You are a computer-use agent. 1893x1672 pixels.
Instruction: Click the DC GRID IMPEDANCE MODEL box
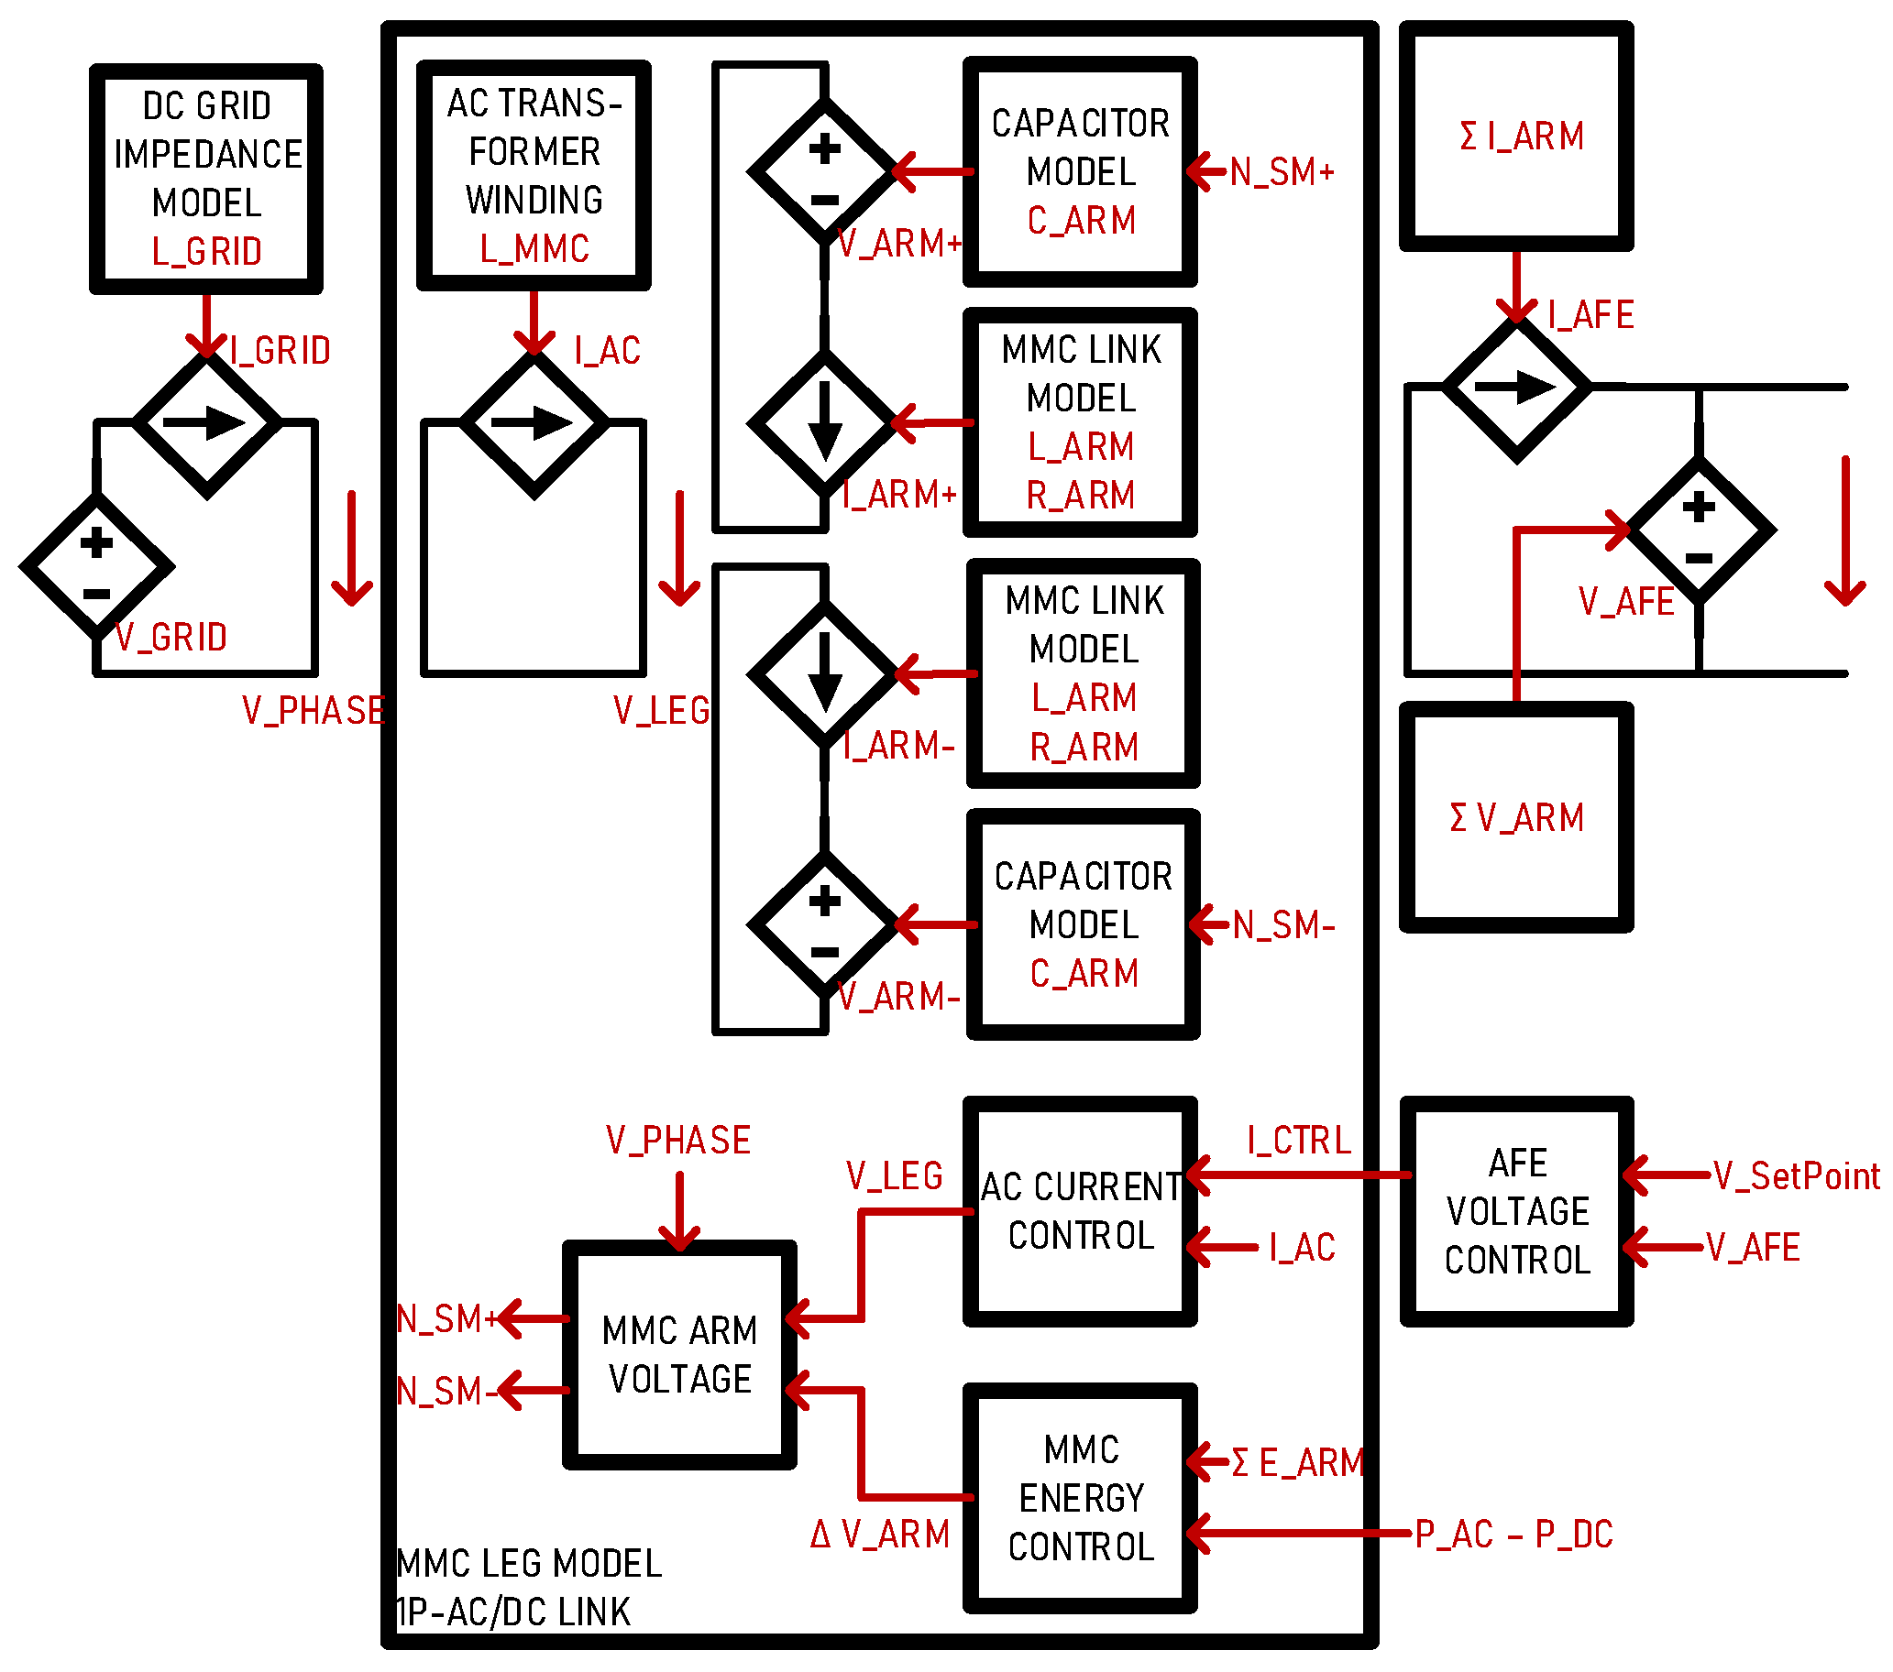(x=205, y=179)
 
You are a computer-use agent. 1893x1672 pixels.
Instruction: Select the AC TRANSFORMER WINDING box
(x=534, y=176)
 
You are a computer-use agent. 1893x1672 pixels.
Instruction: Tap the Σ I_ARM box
(x=1516, y=137)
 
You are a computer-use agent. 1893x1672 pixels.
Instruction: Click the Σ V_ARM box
(x=1516, y=817)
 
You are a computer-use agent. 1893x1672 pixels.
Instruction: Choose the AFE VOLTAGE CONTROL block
(x=1516, y=1211)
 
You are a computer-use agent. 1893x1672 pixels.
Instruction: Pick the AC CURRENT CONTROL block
(x=1080, y=1211)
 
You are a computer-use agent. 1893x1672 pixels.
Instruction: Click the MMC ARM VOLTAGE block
(x=679, y=1354)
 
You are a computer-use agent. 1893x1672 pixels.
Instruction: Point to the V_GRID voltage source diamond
(x=96, y=566)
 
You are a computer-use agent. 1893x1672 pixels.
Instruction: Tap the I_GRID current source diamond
(x=205, y=424)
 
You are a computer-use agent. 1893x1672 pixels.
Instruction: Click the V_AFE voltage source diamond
(x=1699, y=531)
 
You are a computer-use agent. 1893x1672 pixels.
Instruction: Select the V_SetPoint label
(x=1796, y=1175)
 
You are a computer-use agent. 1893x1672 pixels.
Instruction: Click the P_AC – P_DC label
(x=1513, y=1535)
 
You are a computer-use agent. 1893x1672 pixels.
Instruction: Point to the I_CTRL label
(x=1298, y=1141)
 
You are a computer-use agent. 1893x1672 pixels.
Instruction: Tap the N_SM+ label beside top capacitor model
(x=1282, y=172)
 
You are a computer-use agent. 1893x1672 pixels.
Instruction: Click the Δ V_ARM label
(x=879, y=1535)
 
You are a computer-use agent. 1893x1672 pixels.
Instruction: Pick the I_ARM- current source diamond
(x=823, y=675)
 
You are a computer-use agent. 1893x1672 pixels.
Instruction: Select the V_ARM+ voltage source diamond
(x=823, y=172)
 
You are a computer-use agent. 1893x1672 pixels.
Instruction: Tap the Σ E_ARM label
(x=1296, y=1464)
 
